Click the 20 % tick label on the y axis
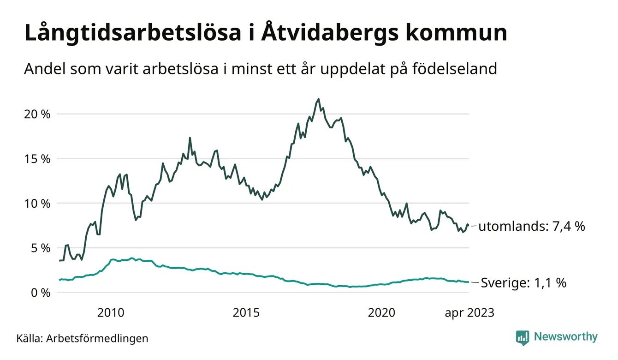(x=37, y=114)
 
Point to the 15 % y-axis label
(x=37, y=159)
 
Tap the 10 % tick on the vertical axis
(x=37, y=204)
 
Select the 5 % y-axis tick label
(x=40, y=248)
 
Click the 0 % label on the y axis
(x=40, y=293)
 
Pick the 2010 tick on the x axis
(x=111, y=313)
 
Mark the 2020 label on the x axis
(x=381, y=313)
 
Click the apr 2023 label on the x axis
(x=469, y=313)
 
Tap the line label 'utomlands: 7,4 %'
(x=532, y=227)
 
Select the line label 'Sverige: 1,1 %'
(x=523, y=282)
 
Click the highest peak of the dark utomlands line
(x=318, y=99)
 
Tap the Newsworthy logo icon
(x=523, y=337)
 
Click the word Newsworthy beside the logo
(x=565, y=337)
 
